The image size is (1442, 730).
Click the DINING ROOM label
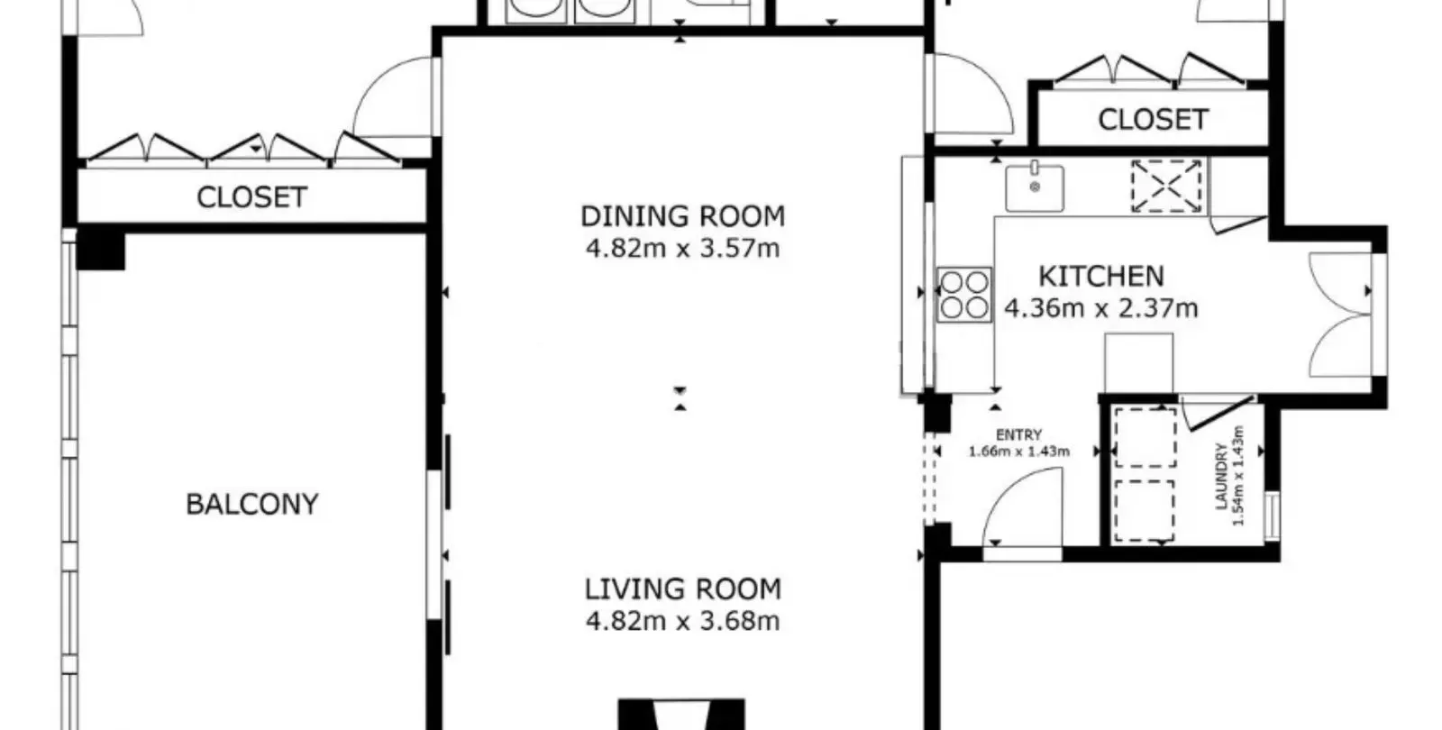683,217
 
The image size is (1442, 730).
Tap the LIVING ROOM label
683,589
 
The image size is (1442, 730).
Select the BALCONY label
252,505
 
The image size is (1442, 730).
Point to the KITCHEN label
1101,277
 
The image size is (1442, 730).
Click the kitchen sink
1035,187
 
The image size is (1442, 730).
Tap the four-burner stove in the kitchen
964,294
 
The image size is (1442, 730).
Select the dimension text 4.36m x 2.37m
1101,309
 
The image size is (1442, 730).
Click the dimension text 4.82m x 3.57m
683,249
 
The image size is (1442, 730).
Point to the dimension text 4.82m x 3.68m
683,622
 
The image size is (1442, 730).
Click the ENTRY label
1019,435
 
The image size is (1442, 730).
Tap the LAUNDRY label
1222,477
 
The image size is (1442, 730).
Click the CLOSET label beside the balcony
251,197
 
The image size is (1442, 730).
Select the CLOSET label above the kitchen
1153,120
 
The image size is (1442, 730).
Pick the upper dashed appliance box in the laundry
1145,437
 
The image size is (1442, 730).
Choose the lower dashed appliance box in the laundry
1145,511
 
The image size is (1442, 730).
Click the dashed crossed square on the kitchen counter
1166,186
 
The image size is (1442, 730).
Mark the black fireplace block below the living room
681,714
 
